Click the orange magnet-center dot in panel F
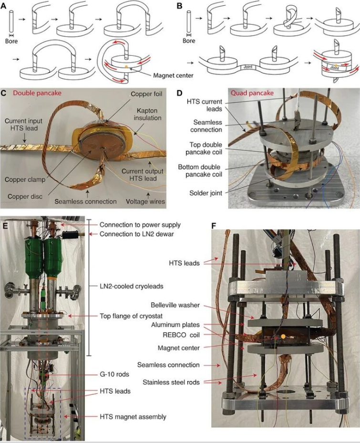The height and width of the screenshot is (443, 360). (283, 337)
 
